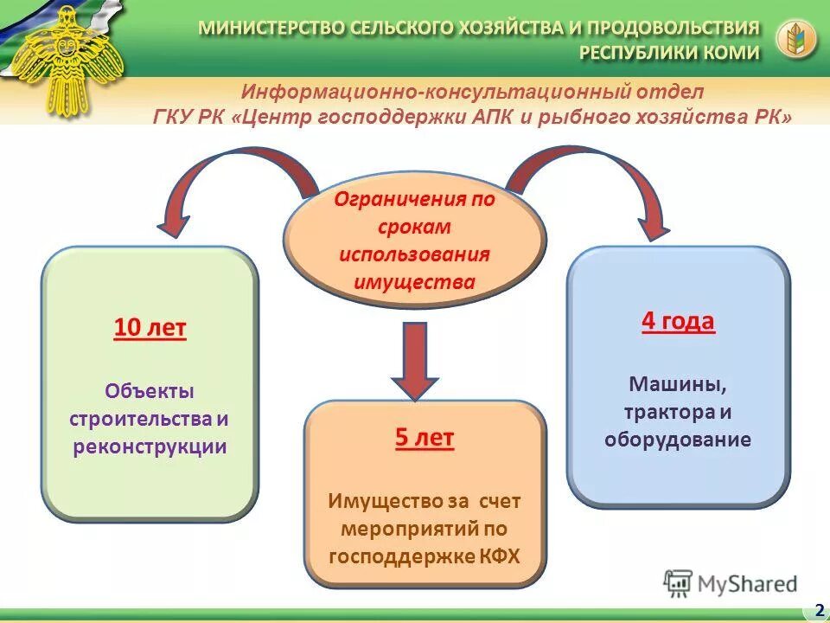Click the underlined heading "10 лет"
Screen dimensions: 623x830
tap(150, 329)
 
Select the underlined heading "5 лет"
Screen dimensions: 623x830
tap(425, 438)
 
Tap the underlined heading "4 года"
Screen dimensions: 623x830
tap(678, 322)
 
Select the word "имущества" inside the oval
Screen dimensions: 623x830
tap(414, 281)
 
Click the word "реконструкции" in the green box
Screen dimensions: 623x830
tap(150, 447)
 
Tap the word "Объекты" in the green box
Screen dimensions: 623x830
tap(150, 390)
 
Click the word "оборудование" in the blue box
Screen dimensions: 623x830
tap(678, 440)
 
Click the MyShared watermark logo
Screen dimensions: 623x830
tap(731, 584)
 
